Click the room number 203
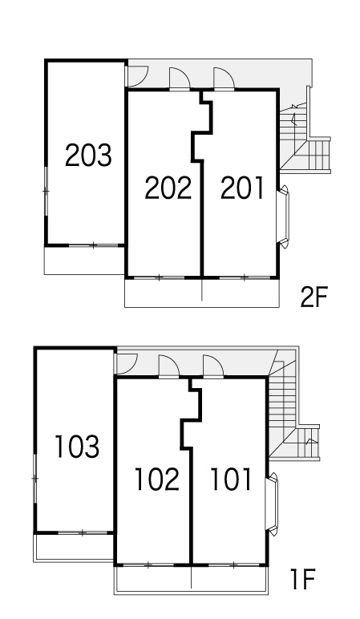click(88, 155)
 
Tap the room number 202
click(168, 188)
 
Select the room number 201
click(242, 188)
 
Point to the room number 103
click(77, 447)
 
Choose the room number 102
click(157, 479)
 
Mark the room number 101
click(231, 479)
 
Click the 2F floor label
click(314, 297)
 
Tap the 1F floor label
click(302, 580)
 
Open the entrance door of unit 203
click(136, 76)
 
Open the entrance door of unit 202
click(180, 79)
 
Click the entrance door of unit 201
click(224, 79)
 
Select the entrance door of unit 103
click(125, 363)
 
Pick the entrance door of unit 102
click(168, 366)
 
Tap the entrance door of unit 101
click(213, 366)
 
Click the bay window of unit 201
click(283, 216)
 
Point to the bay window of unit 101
click(272, 504)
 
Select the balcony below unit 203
click(84, 260)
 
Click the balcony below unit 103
click(74, 547)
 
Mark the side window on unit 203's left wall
click(47, 191)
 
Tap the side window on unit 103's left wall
click(35, 479)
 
